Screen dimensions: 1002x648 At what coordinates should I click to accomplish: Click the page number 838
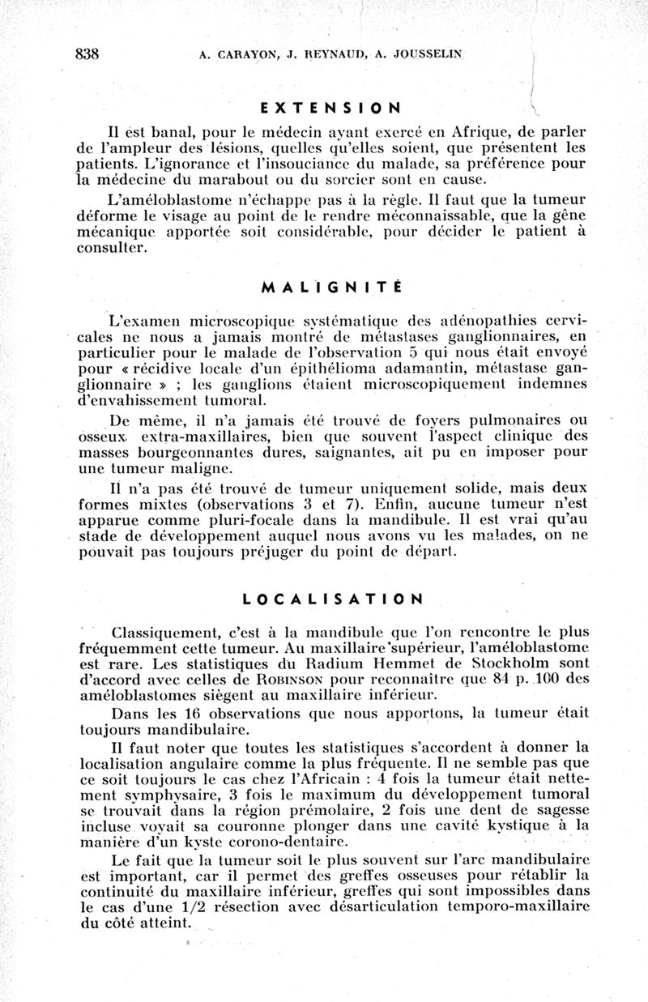coord(86,54)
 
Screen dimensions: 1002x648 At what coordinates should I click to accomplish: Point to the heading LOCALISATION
coord(332,600)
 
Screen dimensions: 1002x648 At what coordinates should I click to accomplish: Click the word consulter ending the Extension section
coord(114,249)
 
